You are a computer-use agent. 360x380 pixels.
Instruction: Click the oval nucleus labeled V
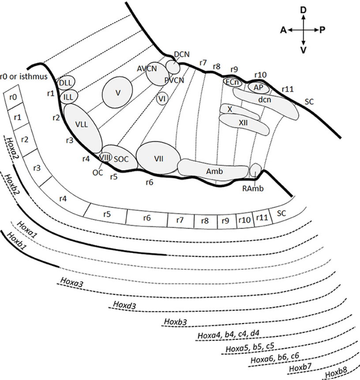click(x=118, y=92)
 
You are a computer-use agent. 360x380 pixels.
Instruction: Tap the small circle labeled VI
click(x=162, y=99)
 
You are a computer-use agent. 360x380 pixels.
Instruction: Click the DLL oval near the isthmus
click(x=65, y=82)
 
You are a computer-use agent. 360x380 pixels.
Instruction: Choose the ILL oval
click(x=69, y=97)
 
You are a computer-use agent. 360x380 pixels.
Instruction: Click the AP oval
click(x=259, y=88)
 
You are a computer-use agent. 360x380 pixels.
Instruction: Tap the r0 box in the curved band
click(x=14, y=97)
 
